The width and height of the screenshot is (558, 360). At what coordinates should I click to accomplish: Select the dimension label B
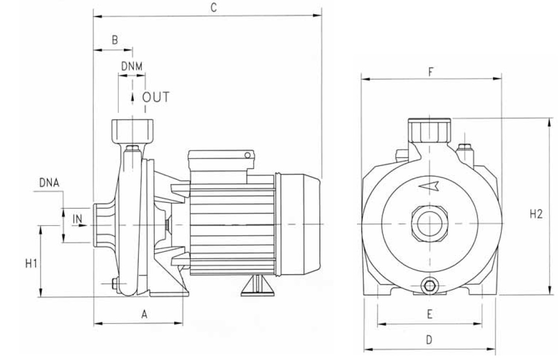pos(115,40)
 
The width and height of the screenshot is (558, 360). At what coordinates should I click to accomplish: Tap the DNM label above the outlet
pos(132,66)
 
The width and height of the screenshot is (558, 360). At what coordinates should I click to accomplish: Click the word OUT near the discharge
pos(155,97)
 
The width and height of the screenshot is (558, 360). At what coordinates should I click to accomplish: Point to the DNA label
pos(49,182)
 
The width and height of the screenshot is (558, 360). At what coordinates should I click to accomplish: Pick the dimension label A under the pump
pos(144,315)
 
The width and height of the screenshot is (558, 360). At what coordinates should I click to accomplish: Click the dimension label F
pos(431,71)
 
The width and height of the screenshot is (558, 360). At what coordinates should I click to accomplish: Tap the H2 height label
pos(536,214)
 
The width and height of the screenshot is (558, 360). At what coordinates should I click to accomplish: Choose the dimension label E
pos(429,314)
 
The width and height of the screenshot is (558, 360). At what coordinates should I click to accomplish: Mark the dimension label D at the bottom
pos(429,340)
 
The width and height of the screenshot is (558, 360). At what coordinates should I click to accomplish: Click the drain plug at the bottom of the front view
pos(430,287)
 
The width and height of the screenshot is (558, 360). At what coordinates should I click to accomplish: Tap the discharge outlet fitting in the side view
pos(132,131)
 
